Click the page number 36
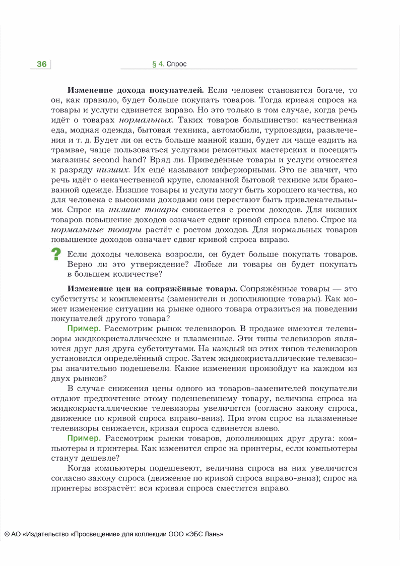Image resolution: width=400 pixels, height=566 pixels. [x=41, y=64]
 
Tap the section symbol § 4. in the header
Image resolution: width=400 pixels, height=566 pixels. [x=158, y=64]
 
